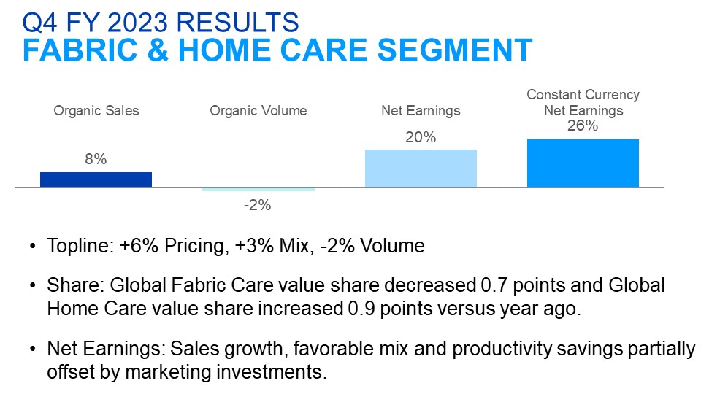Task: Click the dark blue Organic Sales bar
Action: click(x=96, y=179)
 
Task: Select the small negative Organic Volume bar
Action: click(x=258, y=190)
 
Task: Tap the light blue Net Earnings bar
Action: click(x=421, y=169)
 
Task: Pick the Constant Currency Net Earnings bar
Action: click(x=583, y=163)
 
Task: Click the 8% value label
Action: click(x=96, y=159)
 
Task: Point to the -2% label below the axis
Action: click(x=258, y=205)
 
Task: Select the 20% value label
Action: click(x=421, y=137)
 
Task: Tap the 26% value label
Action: click(x=583, y=125)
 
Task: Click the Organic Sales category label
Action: click(x=96, y=111)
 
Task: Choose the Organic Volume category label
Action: click(x=258, y=111)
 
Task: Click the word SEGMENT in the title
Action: click(x=455, y=50)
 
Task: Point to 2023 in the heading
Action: click(x=137, y=23)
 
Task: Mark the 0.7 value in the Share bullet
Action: click(x=494, y=285)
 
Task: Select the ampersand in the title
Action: click(x=158, y=50)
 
